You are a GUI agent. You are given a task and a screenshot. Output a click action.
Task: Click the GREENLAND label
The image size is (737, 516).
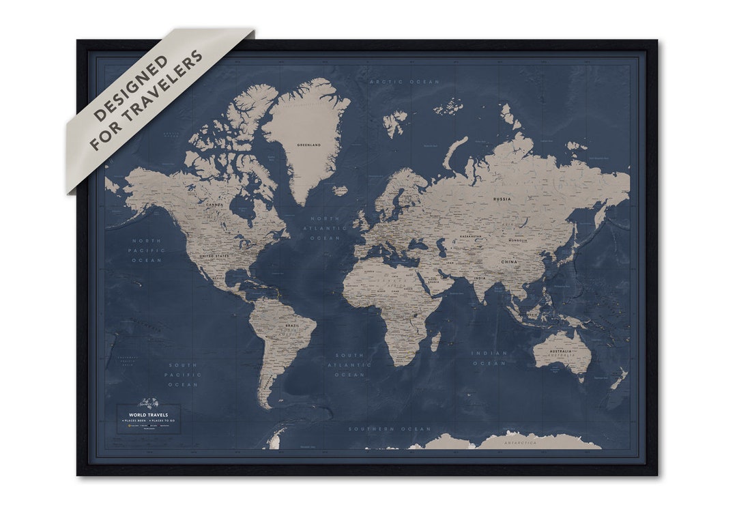click(309, 145)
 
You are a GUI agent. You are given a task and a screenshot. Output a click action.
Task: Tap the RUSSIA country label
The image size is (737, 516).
click(502, 199)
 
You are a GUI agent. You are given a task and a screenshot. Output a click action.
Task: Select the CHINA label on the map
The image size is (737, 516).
click(509, 261)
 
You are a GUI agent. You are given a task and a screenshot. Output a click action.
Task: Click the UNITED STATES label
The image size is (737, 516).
click(214, 256)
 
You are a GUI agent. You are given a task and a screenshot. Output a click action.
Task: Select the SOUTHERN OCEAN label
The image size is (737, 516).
click(390, 429)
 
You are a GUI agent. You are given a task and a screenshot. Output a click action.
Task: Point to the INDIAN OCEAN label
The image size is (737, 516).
click(489, 358)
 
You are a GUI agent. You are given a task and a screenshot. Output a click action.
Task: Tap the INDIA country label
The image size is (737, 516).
click(480, 278)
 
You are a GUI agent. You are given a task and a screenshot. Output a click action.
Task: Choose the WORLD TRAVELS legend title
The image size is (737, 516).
click(148, 414)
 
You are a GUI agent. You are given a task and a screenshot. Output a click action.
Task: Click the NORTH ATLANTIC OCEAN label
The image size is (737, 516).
click(325, 228)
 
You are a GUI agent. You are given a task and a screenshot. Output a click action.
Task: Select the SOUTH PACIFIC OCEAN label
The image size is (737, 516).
click(183, 375)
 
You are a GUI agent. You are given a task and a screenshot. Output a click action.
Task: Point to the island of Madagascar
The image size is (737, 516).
click(435, 341)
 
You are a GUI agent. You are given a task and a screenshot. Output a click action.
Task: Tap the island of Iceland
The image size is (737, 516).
click(341, 190)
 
